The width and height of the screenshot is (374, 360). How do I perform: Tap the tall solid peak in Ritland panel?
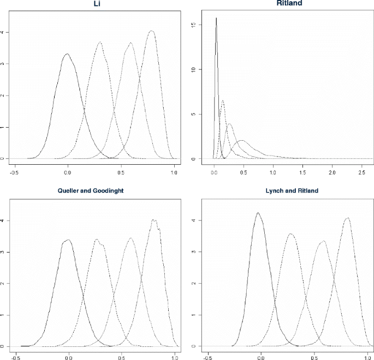216,18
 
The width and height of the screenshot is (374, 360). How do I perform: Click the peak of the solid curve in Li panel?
67,54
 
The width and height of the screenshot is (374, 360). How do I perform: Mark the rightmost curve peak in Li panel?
151,31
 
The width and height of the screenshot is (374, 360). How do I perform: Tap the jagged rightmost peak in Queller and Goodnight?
155,220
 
